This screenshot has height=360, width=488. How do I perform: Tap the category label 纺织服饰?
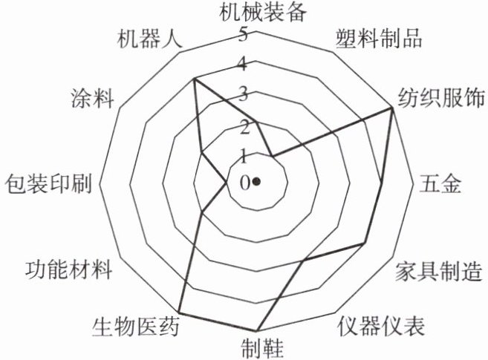437,96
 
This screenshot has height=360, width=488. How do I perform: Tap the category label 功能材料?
68,269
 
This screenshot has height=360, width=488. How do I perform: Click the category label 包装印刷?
47,183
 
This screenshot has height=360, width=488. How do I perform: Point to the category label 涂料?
91,97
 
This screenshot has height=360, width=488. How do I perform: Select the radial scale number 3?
243,94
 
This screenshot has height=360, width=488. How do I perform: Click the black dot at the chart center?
256,181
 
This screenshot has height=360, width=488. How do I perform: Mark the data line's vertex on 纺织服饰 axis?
391,108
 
